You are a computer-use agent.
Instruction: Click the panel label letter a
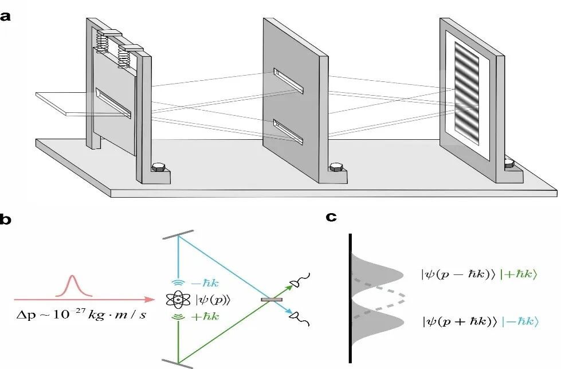point(5,16)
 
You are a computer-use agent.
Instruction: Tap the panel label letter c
point(331,217)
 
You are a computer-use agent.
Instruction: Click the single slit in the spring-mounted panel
point(113,103)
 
